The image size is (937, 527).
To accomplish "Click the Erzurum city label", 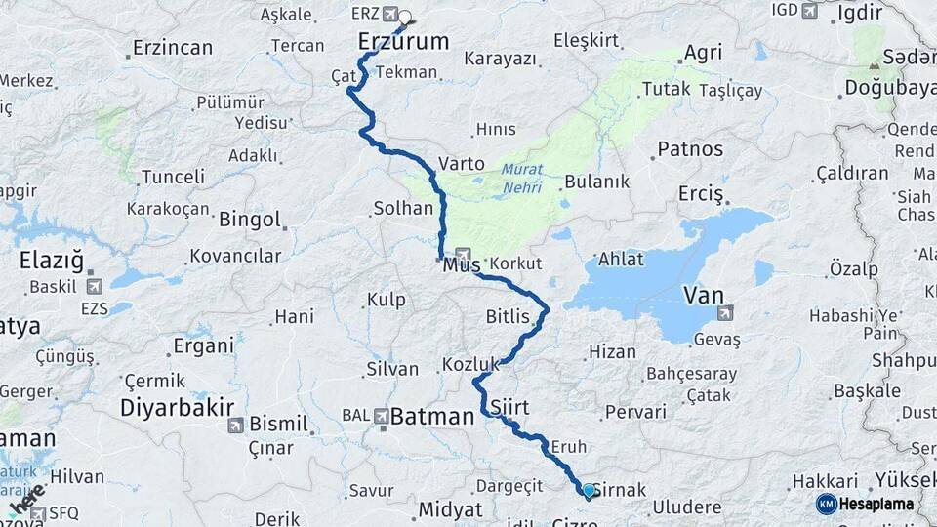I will click(x=403, y=41).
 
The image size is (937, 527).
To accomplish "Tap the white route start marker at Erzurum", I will click(x=404, y=17).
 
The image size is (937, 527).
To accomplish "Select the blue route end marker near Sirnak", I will click(x=589, y=491).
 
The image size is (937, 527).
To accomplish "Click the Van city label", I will click(x=704, y=295).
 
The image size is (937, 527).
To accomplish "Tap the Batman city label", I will click(x=431, y=417).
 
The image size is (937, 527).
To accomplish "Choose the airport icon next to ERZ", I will click(x=390, y=14).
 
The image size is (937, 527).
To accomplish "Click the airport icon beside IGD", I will click(x=809, y=10).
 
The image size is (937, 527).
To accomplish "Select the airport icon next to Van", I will click(x=724, y=313).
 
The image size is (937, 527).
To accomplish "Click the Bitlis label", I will click(x=508, y=316).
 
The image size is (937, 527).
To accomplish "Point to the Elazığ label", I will click(x=51, y=260).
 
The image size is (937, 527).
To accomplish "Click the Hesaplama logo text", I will click(x=877, y=504).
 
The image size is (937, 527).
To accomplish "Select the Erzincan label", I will click(x=173, y=47).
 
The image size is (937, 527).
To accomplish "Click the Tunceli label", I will click(x=173, y=177).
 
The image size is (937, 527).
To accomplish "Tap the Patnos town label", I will click(x=690, y=149).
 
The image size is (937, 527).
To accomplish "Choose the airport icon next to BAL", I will click(x=380, y=416).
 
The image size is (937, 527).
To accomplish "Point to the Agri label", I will click(x=703, y=53).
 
